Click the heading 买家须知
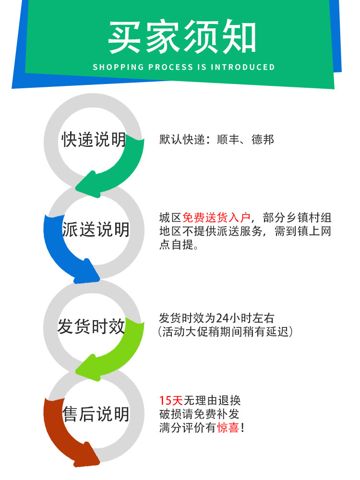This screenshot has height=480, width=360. [182, 36]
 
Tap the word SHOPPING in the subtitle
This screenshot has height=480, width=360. [118, 67]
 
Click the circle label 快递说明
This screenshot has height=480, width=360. [94, 140]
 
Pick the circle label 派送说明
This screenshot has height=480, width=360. [96, 229]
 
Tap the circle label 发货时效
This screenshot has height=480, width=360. [91, 326]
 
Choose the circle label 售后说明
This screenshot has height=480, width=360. [96, 414]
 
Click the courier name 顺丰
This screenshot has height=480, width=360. [228, 140]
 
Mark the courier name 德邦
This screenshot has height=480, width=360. [263, 140]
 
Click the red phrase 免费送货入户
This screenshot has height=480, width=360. [217, 217]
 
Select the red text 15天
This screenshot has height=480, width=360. [171, 400]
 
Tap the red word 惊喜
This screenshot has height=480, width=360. [228, 428]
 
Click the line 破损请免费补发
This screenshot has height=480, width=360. [199, 414]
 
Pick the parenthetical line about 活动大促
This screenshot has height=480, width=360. [226, 332]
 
